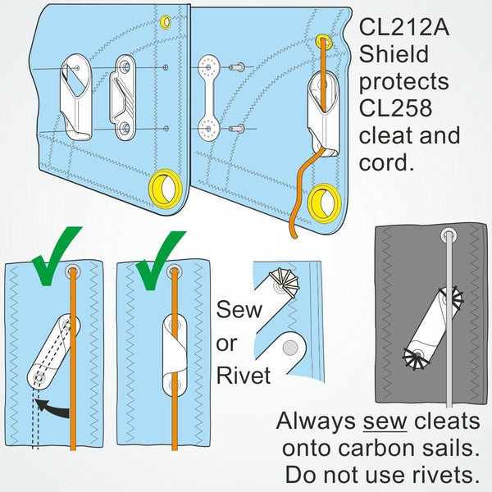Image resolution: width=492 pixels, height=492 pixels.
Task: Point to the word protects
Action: click(404, 83)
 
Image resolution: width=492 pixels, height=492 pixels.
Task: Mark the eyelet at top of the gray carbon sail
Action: click(449, 235)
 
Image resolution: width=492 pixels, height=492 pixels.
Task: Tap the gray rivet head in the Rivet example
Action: click(286, 348)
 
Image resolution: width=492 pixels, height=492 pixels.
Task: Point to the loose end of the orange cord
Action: click(289, 234)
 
